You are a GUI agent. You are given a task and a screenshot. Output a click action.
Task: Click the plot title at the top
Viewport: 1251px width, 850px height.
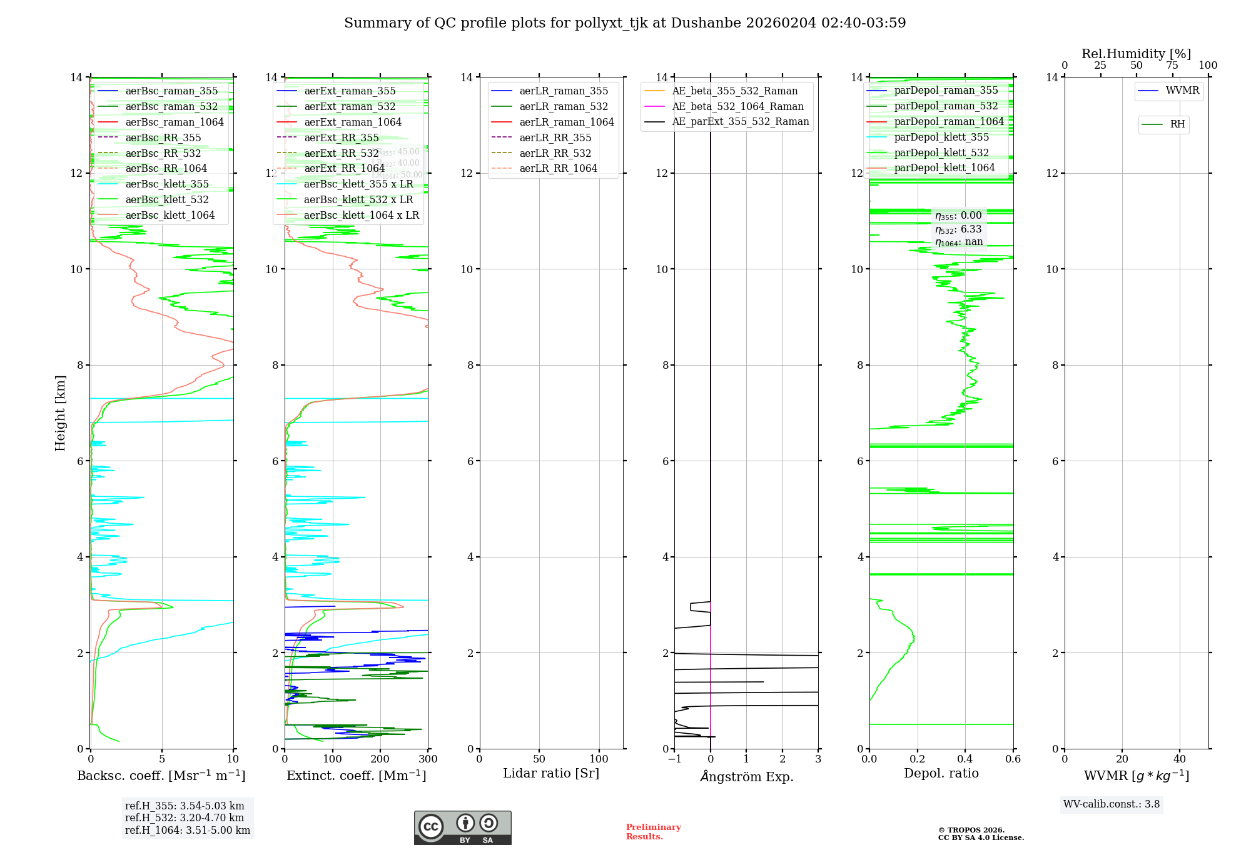coord(625,23)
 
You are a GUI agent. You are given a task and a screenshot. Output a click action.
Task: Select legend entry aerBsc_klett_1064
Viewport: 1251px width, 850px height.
coord(170,215)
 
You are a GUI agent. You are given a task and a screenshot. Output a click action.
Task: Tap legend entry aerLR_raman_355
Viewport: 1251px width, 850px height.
coord(563,91)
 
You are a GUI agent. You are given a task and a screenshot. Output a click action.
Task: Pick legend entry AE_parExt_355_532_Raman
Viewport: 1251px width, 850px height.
coord(740,122)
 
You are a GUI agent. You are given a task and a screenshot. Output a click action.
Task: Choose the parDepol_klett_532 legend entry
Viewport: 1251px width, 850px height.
coord(941,152)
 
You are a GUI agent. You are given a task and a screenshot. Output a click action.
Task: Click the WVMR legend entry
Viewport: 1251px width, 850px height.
coord(1182,91)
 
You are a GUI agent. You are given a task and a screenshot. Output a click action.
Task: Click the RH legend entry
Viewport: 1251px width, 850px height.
coord(1177,124)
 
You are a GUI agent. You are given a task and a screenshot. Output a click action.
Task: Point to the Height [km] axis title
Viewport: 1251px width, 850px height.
coord(60,412)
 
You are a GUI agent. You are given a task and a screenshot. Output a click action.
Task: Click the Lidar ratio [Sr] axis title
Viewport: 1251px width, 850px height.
coord(551,773)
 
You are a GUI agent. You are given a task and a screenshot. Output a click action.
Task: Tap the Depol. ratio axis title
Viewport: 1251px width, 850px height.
coord(941,773)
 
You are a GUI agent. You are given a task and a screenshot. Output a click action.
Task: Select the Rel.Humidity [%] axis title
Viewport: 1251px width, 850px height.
coord(1136,54)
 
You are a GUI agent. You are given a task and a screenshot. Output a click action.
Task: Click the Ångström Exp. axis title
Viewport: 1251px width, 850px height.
coord(746,776)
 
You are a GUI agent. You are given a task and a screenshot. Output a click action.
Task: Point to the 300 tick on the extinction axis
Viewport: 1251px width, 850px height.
coord(428,759)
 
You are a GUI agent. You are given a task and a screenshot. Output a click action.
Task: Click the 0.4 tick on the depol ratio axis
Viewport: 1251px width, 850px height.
coord(965,759)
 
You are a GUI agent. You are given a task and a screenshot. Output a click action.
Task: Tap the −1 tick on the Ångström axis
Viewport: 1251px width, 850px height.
coord(674,759)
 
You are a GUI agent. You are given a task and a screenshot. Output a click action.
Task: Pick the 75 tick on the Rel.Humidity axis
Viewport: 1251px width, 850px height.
coord(1172,66)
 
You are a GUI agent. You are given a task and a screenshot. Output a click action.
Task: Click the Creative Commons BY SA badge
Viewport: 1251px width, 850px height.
coord(462,827)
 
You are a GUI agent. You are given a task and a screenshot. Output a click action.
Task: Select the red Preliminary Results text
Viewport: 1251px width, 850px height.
coord(653,832)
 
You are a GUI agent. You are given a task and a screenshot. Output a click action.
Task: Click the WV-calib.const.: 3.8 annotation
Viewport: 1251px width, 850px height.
coord(1112,804)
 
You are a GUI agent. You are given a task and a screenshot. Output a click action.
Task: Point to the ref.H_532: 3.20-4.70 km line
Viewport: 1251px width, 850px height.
coord(185,817)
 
